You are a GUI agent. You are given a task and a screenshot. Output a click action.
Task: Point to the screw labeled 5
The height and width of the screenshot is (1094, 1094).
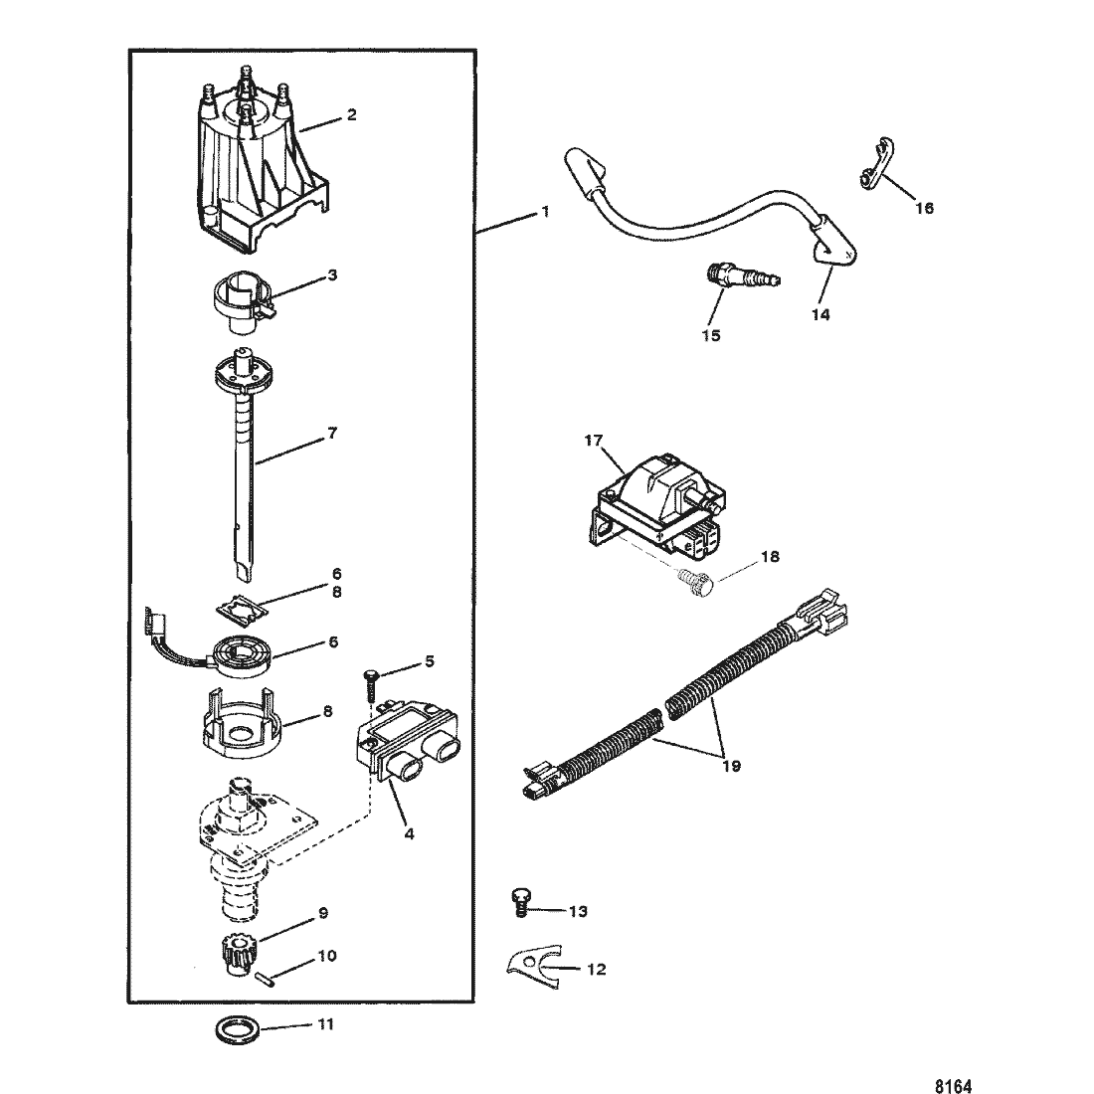[371, 685]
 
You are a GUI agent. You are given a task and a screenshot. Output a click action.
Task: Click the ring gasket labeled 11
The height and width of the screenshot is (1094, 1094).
[238, 1029]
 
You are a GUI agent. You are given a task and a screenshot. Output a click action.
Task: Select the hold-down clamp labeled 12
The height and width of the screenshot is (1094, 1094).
[532, 967]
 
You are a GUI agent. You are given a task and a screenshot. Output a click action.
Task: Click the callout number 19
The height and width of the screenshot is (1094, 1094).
[731, 766]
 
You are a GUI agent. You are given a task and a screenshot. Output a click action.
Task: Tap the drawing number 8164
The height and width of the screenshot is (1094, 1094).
[953, 1086]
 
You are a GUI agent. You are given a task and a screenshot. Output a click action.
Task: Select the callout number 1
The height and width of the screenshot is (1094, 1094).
[546, 211]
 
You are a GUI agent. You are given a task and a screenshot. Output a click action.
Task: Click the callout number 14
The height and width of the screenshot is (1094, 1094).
[820, 314]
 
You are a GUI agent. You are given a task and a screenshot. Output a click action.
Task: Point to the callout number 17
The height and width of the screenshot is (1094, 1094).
[594, 441]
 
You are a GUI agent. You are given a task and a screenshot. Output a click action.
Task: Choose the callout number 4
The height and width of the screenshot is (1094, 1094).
[409, 833]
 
